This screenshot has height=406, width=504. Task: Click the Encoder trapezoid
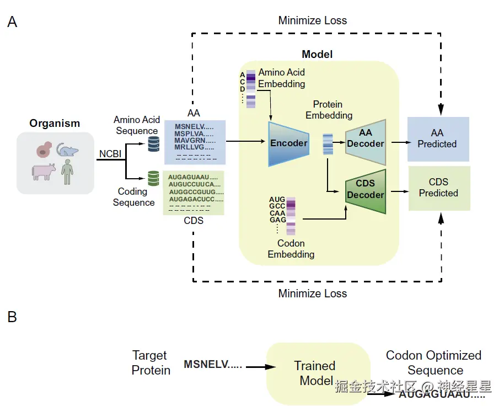288,143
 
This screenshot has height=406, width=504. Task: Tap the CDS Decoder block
365,191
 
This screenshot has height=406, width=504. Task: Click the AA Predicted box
438,139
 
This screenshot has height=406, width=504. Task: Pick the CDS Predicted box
439,188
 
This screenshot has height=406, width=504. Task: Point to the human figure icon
67,172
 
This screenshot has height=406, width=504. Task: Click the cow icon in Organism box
44,170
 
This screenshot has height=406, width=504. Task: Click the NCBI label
111,154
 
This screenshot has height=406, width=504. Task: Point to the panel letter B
12,317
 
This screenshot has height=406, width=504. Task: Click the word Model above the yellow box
317,54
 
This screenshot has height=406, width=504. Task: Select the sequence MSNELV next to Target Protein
212,365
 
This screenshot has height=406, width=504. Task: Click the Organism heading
55,124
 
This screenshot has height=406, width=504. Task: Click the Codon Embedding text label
291,249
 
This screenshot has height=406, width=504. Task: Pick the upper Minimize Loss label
313,20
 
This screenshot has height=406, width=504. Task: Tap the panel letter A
12,23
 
